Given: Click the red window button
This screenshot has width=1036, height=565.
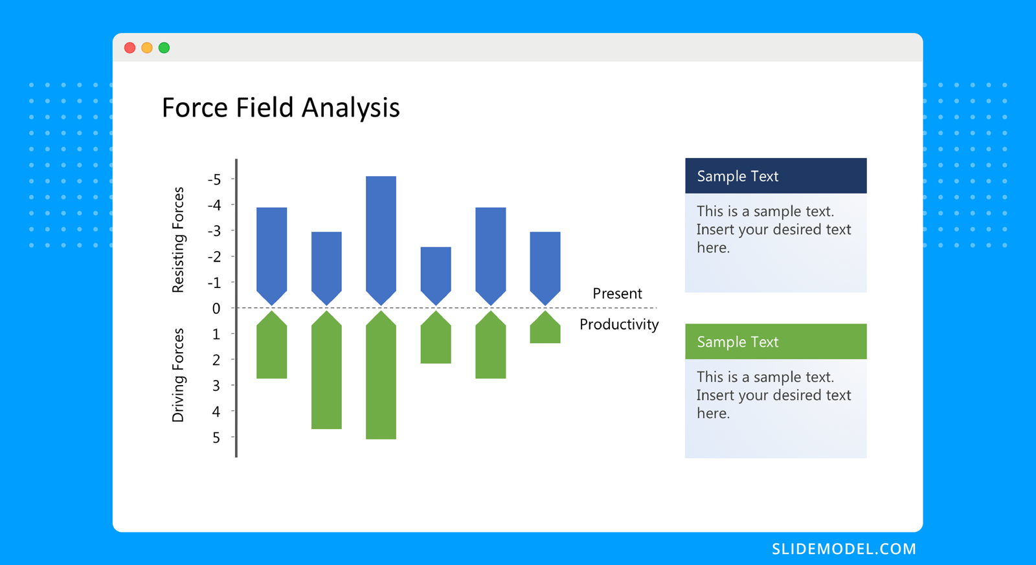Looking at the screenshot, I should [129, 48].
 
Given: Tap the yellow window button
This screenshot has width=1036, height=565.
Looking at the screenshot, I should [147, 48].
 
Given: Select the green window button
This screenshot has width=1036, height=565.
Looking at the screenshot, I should [164, 48].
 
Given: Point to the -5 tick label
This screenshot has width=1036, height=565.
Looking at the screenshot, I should [214, 180].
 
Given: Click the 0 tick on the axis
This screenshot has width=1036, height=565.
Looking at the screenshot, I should [216, 309].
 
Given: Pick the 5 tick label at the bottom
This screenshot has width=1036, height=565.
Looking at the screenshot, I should [216, 438].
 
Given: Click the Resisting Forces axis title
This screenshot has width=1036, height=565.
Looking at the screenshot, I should [178, 240].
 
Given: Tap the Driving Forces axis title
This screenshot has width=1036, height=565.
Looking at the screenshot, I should [178, 375].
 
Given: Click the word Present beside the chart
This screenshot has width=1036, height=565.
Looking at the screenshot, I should [617, 294].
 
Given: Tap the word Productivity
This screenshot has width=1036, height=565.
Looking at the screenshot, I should [619, 324].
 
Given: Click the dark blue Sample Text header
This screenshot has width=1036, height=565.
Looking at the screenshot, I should [776, 176].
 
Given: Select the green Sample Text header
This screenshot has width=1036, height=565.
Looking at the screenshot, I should [776, 342].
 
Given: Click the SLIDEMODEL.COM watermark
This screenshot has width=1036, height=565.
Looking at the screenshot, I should [844, 549].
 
